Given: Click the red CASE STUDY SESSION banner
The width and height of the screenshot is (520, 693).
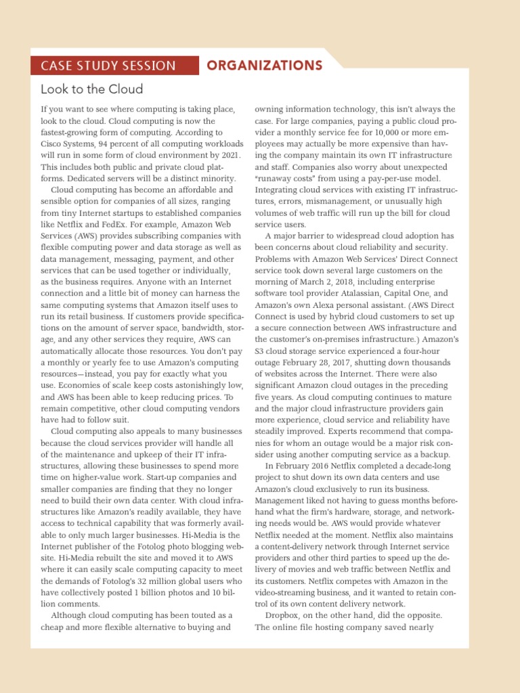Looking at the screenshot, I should click(x=108, y=66).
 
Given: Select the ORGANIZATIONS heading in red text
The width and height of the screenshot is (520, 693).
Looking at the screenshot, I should click(x=264, y=66).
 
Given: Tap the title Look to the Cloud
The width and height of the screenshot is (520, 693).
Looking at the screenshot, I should click(x=92, y=89).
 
